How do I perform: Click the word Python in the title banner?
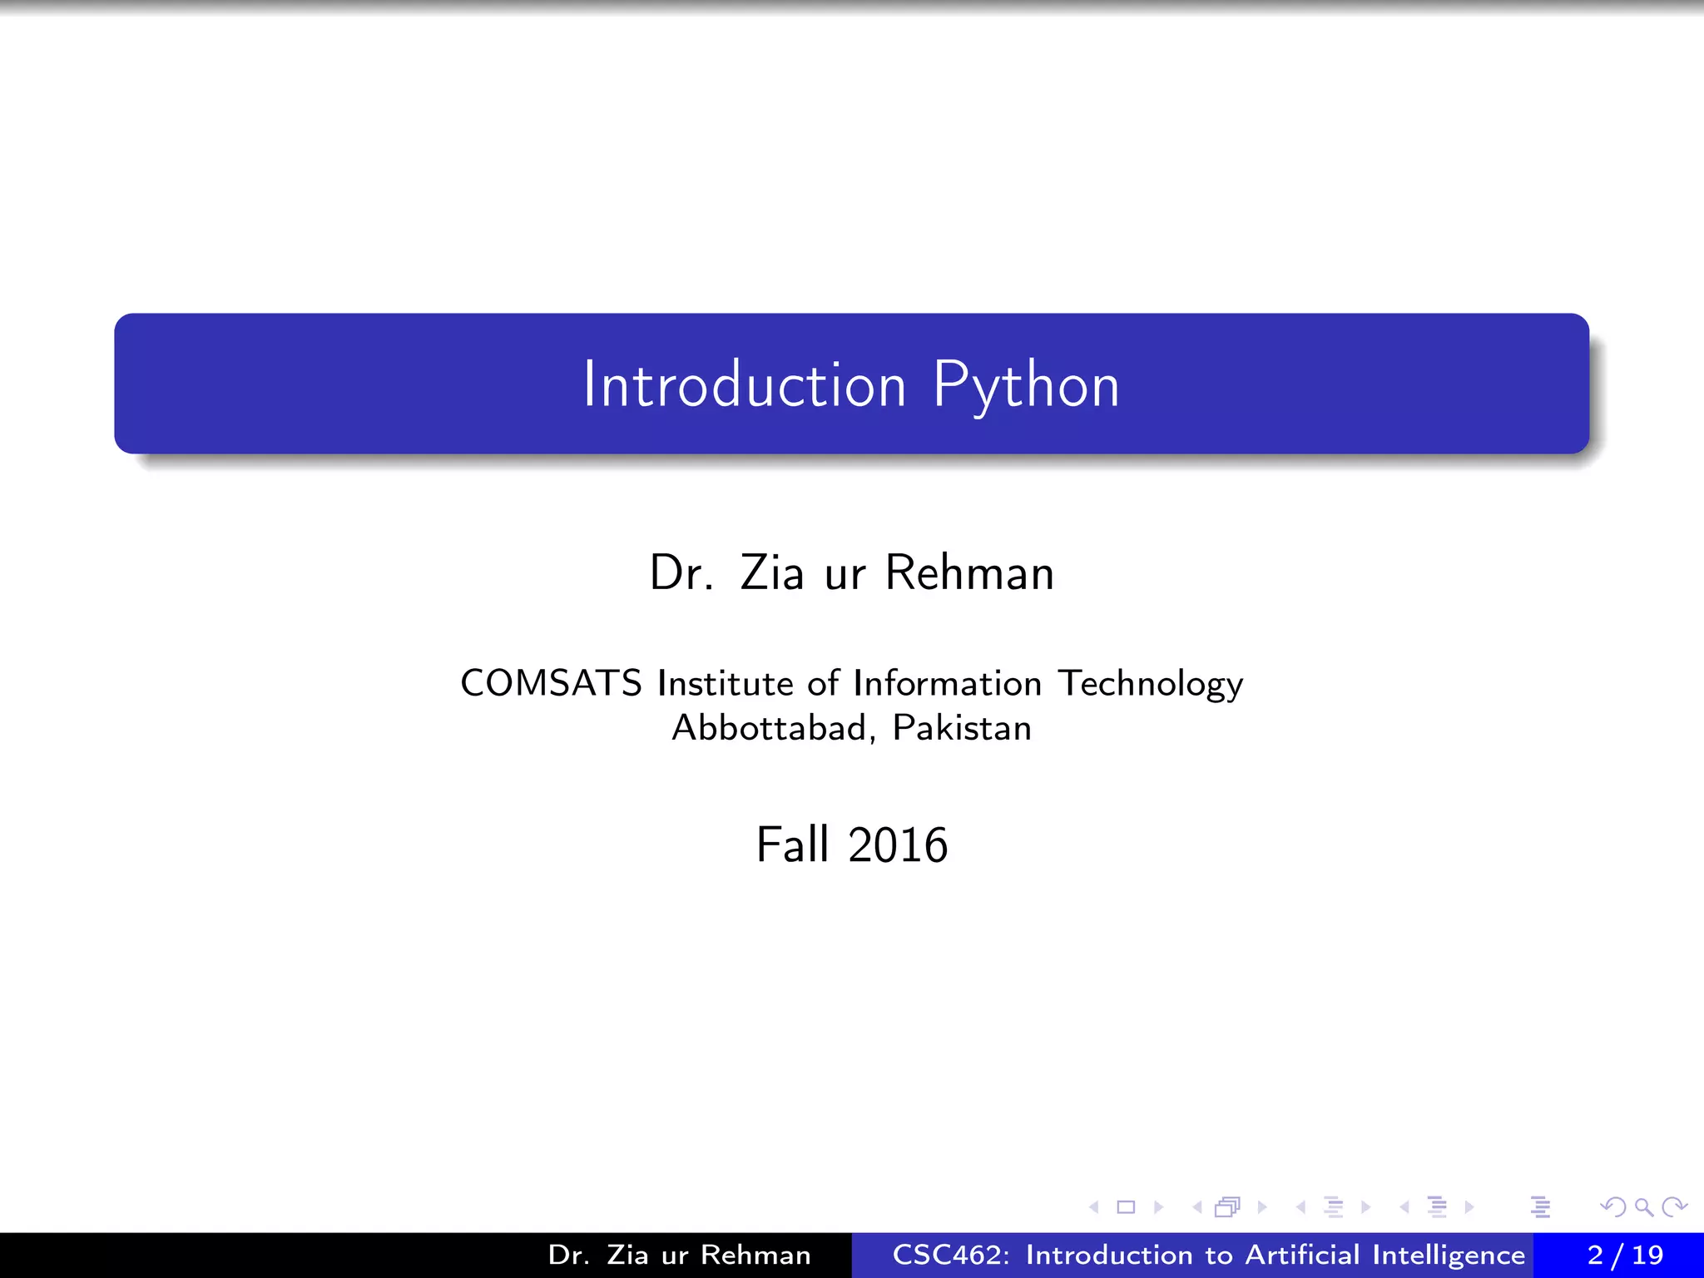1026,385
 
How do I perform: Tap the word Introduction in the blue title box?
745,385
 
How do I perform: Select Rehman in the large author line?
969,573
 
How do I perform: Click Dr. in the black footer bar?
568,1255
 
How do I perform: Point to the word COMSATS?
551,683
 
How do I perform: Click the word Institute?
725,683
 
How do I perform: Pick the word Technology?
1151,685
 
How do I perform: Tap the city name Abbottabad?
770,728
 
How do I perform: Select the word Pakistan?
962,728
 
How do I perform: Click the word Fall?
792,845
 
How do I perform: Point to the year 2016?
898,845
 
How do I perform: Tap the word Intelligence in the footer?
1449,1256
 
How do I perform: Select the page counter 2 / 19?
1625,1255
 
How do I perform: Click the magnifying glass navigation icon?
1643,1206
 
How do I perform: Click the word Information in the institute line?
947,683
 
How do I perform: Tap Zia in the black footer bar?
627,1255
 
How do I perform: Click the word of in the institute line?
823,683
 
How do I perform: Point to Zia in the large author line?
772,573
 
